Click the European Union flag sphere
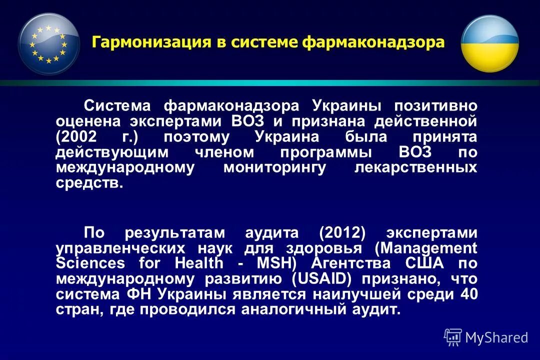(49, 44)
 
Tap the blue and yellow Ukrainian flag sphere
(489, 44)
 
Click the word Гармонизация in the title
(151, 42)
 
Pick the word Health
(200, 263)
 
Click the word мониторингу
(274, 167)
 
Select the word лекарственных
(415, 167)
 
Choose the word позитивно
(435, 106)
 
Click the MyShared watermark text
(496, 337)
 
